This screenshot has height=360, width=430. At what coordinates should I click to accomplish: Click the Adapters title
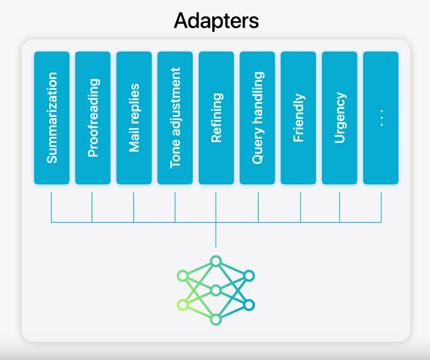point(216,21)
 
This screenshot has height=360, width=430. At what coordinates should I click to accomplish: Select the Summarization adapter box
point(52,118)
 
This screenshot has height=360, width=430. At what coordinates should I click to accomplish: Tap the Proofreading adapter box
point(93,118)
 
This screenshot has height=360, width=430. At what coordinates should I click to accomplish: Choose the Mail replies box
point(134,118)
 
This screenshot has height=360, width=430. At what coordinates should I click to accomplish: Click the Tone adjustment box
point(175,118)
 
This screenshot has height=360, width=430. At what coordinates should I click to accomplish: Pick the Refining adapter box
point(216,118)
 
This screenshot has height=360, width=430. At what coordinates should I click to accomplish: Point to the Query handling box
point(258,118)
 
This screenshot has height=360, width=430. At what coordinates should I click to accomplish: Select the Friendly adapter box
point(299,118)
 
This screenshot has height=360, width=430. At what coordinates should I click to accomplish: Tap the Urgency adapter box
point(340,118)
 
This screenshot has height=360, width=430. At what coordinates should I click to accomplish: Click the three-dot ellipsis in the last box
point(381,118)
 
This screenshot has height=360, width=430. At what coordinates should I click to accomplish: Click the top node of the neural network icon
point(216,261)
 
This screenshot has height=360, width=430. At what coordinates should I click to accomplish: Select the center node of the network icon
point(216,290)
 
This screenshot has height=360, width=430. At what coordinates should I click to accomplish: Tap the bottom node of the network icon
point(216,320)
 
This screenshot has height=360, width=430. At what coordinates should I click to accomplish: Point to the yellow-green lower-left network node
point(183,305)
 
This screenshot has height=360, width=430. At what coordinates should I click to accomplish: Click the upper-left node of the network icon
point(183,276)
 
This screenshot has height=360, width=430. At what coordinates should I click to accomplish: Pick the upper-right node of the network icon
point(249,276)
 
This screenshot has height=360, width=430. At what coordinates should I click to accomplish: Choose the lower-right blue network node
point(249,305)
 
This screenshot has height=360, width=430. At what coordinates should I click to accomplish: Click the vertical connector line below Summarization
point(51,207)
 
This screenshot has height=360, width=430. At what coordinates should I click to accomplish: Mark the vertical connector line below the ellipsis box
point(381,207)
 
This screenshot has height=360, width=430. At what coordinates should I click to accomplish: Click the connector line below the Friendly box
point(301,207)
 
